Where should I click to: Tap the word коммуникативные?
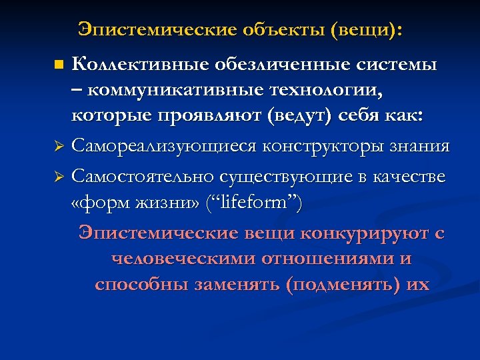(169, 89)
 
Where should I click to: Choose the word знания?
(418, 145)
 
